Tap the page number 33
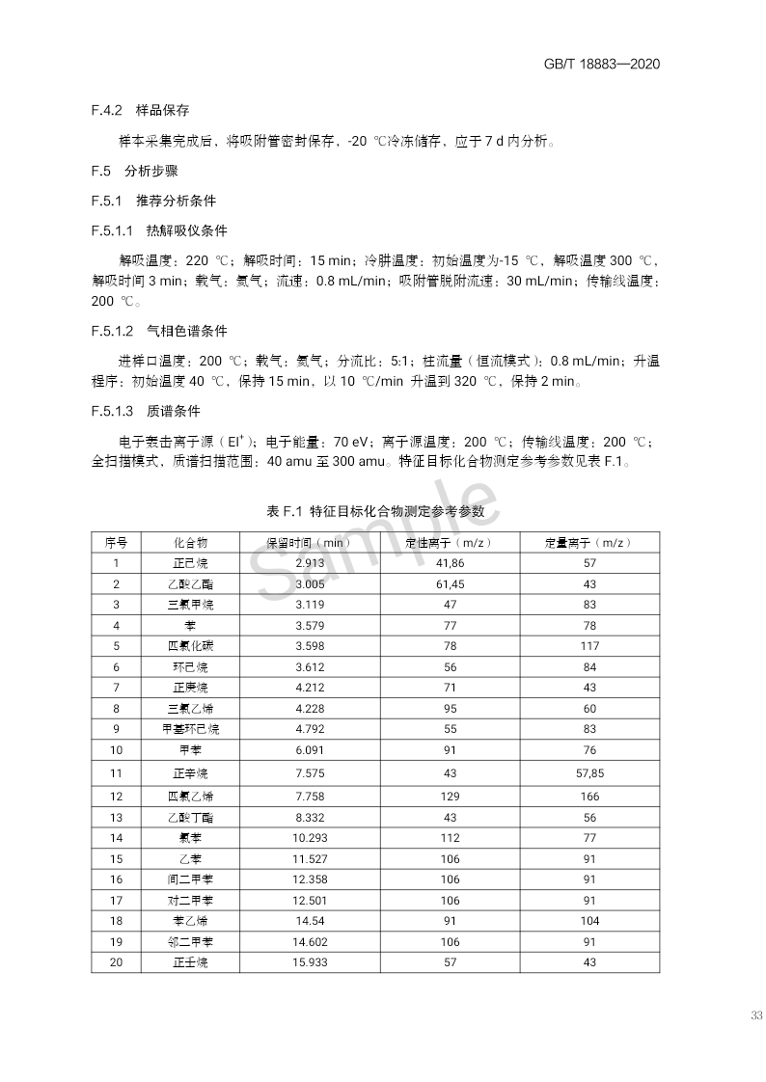[x=755, y=1016]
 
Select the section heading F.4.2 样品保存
[x=147, y=111]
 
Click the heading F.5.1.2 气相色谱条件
[x=159, y=330]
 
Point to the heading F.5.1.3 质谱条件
[x=146, y=411]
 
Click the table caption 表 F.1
[x=382, y=509]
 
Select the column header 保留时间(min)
[x=309, y=543]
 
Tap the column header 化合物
[x=190, y=543]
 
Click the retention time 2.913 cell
[x=309, y=563]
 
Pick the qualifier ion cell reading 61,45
[x=450, y=584]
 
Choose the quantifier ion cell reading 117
[x=589, y=646]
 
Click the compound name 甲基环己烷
[x=190, y=729]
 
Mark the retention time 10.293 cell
[x=309, y=838]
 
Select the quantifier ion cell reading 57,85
[x=589, y=772]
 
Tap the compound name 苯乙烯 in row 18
[x=190, y=921]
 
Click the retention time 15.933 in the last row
[x=309, y=962]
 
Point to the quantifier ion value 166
[x=589, y=797]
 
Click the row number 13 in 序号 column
[x=116, y=817]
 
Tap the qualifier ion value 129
[x=450, y=797]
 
